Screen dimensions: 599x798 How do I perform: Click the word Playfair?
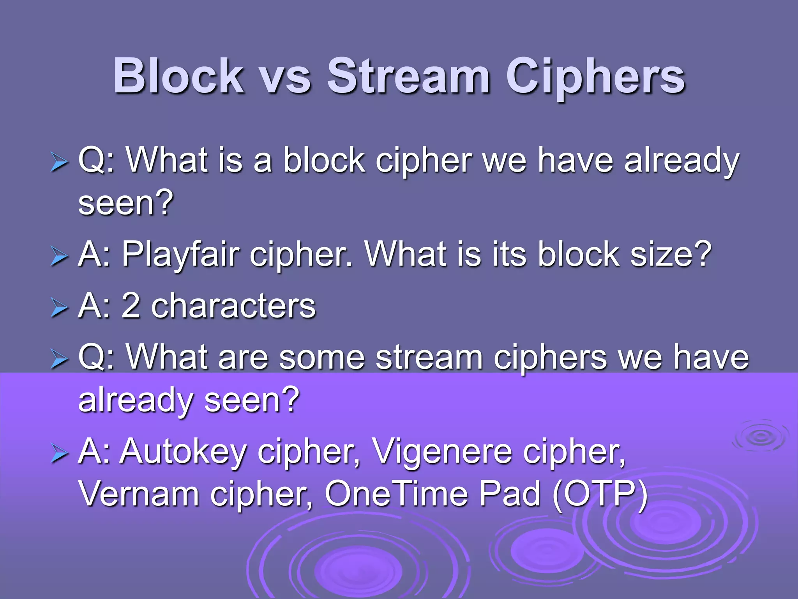point(180,255)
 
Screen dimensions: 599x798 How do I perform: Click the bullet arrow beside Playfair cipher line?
point(59,257)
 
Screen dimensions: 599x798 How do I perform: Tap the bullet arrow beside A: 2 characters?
point(59,308)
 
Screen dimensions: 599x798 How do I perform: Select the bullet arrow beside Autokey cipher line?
point(59,455)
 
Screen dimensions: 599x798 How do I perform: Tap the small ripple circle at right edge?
point(760,436)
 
